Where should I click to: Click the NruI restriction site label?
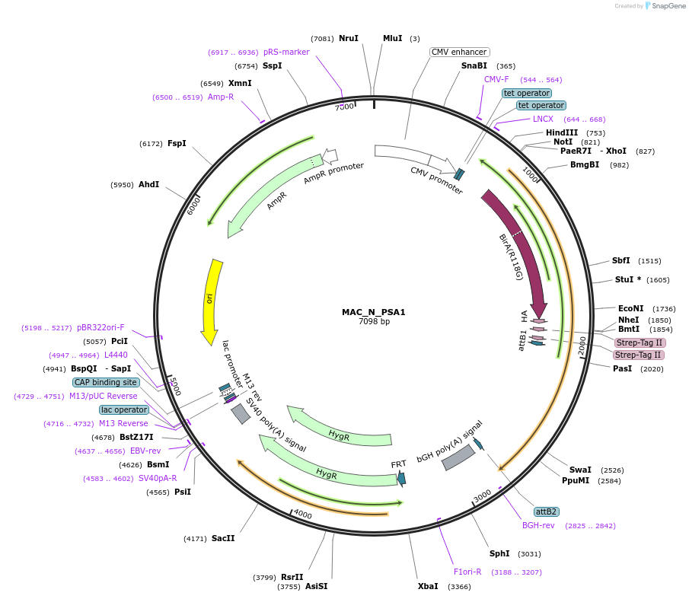tap(348, 38)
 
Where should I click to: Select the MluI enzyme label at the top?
tap(392, 38)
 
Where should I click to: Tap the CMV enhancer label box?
tap(458, 52)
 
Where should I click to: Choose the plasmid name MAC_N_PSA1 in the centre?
tap(374, 312)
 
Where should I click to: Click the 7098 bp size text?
tap(374, 322)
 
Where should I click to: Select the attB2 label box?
tap(546, 511)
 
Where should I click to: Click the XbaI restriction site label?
tap(428, 586)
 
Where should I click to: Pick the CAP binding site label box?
tap(106, 382)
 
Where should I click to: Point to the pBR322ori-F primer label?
tap(100, 327)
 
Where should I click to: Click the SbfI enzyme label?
tap(620, 260)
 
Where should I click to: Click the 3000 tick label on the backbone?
tap(482, 496)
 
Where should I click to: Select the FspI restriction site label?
tap(177, 143)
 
